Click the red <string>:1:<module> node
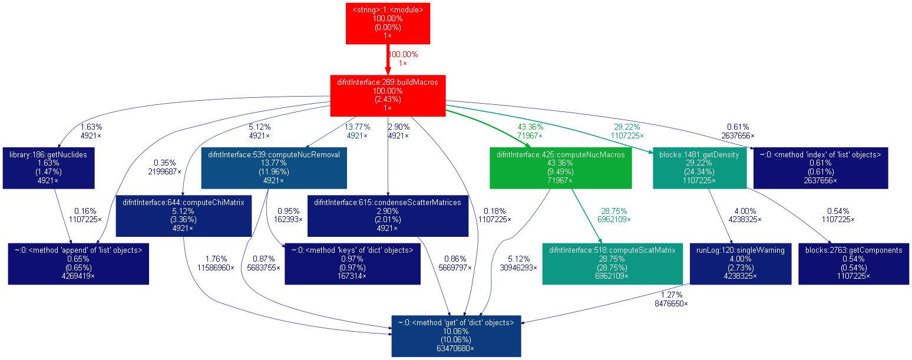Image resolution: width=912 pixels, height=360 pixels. click(x=388, y=22)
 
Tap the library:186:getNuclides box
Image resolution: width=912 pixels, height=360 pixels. click(x=48, y=167)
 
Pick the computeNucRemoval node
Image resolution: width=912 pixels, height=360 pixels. click(x=274, y=167)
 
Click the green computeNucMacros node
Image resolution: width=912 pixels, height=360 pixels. click(x=560, y=167)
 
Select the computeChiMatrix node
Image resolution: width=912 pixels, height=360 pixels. click(x=183, y=215)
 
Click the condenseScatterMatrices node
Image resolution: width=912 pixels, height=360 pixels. click(x=388, y=215)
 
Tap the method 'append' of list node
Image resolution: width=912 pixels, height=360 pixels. click(x=78, y=263)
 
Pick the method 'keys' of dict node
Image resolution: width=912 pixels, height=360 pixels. click(x=352, y=263)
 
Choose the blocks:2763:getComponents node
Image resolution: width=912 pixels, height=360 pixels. click(x=854, y=263)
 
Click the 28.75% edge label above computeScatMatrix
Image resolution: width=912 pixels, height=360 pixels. click(x=613, y=211)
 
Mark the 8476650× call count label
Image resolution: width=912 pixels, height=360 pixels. click(x=671, y=303)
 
